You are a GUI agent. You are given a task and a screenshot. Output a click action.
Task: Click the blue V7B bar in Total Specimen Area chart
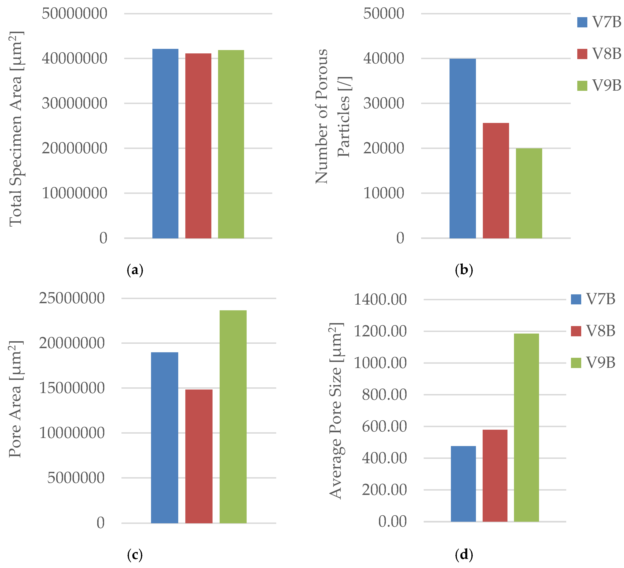point(165,144)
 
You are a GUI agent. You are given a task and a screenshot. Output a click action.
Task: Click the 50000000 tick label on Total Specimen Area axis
point(75,14)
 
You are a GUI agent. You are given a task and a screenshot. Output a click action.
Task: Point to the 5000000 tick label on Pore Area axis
point(76,478)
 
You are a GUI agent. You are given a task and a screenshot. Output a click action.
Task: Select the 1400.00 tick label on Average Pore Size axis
point(380,299)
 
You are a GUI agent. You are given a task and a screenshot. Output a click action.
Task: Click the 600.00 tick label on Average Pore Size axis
point(384,426)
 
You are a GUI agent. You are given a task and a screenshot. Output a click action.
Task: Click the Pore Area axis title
point(15,399)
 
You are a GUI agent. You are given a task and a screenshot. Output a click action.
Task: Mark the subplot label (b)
point(464,270)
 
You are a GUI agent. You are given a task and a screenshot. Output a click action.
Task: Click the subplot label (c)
point(135,555)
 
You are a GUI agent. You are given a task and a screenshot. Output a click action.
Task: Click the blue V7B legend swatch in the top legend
point(582,22)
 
